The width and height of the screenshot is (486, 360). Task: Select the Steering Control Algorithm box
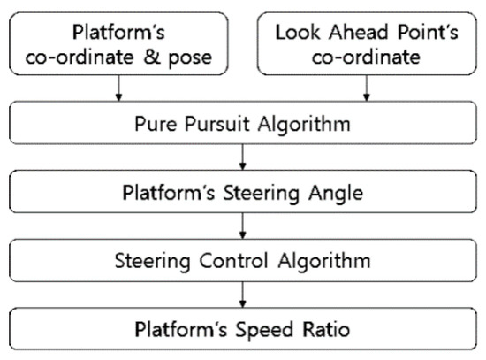point(243,263)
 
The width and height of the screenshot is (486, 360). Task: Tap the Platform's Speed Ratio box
point(243,332)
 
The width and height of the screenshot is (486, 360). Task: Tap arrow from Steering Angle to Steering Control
point(242,226)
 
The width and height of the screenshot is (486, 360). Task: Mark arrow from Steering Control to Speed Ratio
point(242,297)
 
